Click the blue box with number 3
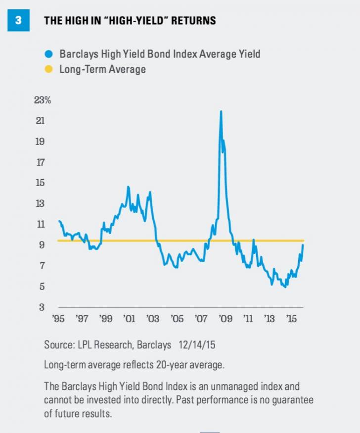coord(19,20)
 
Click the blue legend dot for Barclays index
coord(48,54)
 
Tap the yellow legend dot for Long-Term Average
coord(48,69)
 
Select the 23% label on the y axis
coord(43,100)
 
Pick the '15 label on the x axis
coord(292,319)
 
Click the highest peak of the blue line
coord(221,111)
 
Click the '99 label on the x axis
coord(106,319)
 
